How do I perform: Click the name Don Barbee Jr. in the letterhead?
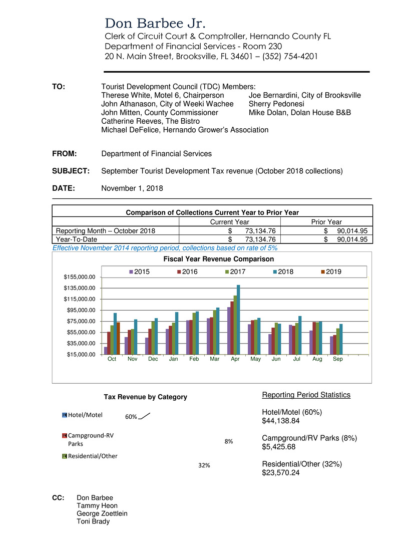pos(155,24)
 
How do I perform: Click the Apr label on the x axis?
pos(235,359)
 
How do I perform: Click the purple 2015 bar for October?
pos(106,351)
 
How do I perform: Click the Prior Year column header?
pos(326,222)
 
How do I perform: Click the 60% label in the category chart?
pos(132,417)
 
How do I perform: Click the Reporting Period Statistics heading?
pos(306,395)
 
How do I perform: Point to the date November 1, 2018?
pos(132,188)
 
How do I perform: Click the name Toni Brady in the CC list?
pos(93,521)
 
